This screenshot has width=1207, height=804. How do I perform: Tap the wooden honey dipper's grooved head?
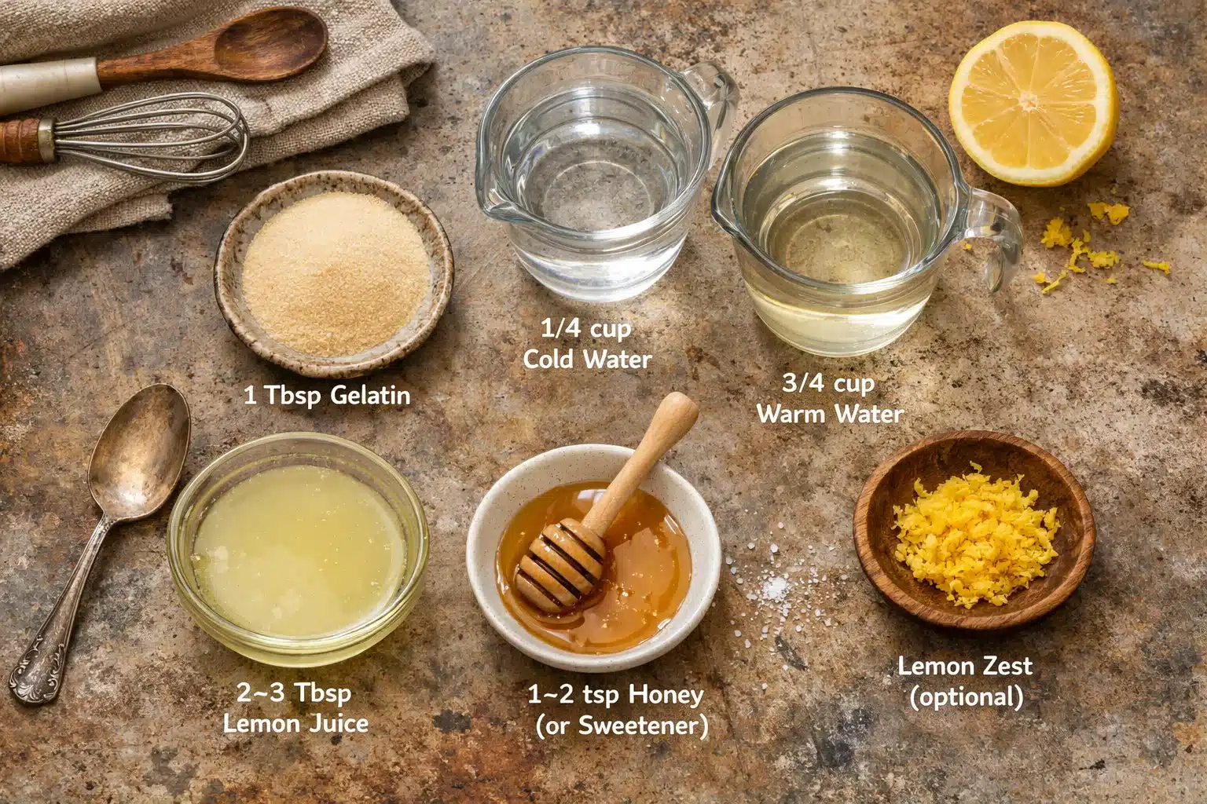click(x=559, y=561)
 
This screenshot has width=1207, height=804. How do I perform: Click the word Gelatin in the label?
click(x=370, y=394)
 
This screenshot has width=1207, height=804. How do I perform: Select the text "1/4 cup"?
click(x=586, y=329)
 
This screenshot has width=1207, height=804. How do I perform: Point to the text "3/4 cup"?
click(x=827, y=384)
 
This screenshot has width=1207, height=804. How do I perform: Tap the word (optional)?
click(x=966, y=696)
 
